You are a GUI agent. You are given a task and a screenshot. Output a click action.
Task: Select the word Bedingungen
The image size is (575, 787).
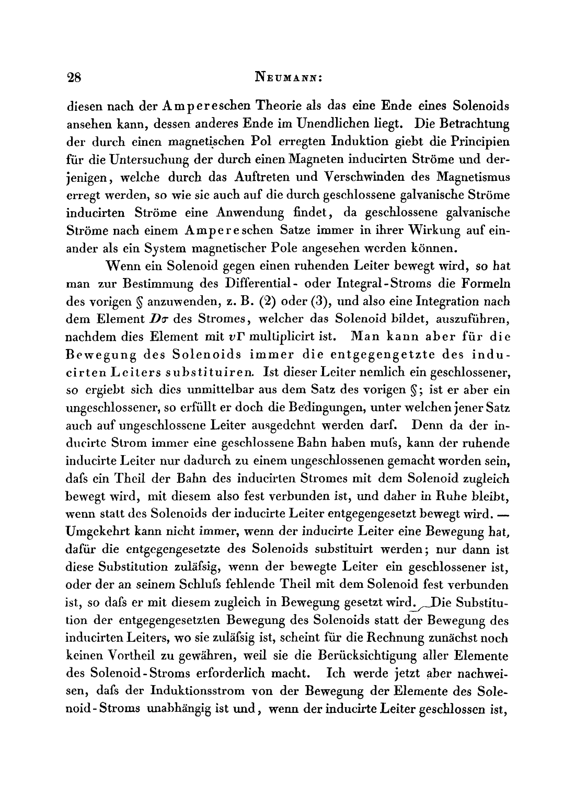click(305, 408)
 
